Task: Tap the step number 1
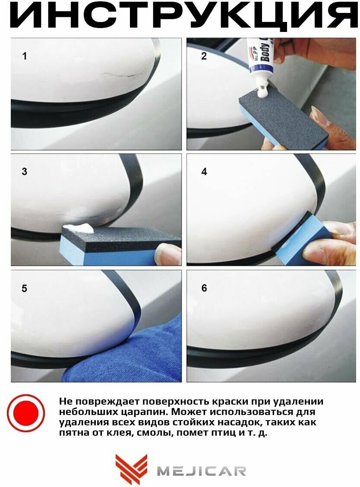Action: pos(25,56)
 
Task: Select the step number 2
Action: pos(204,56)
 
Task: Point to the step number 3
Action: pos(25,171)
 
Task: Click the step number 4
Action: pos(204,171)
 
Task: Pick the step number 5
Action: pos(25,288)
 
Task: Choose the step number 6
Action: pos(204,288)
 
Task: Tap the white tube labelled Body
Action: pos(261,62)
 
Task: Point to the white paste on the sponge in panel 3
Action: pos(79,228)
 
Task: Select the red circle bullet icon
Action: pos(26,413)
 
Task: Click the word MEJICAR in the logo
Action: pos(202,471)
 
